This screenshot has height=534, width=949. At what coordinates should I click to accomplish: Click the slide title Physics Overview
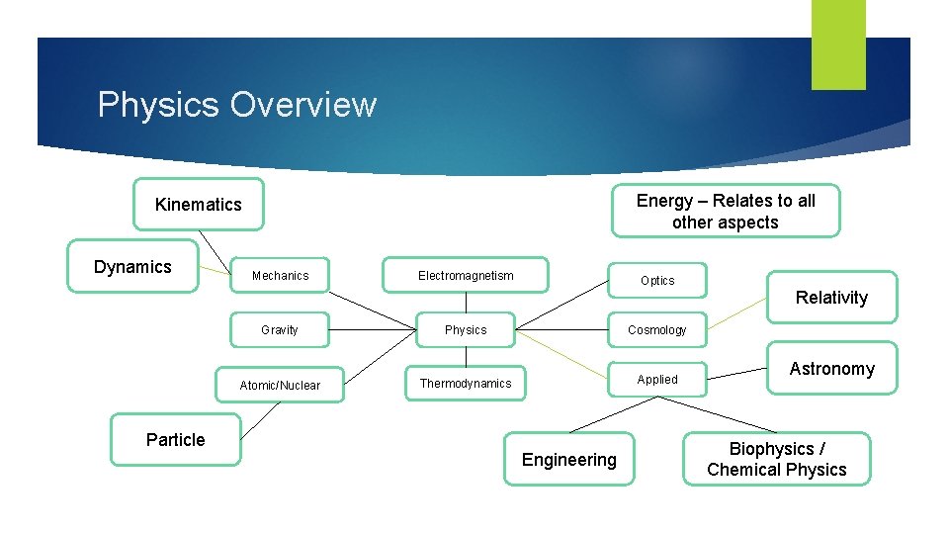(237, 105)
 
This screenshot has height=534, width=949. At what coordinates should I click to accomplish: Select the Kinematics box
(199, 204)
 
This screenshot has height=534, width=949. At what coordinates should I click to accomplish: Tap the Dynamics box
(132, 266)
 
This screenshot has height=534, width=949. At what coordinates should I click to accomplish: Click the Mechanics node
(280, 276)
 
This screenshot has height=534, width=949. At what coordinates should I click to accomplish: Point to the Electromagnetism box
(466, 276)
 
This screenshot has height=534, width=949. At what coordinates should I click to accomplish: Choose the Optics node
(657, 281)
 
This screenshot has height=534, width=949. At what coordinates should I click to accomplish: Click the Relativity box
(831, 298)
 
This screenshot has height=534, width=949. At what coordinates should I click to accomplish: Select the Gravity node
(280, 330)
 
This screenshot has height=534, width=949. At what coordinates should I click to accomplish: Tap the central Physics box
(466, 330)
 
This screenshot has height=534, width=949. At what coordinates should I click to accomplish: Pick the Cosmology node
(657, 330)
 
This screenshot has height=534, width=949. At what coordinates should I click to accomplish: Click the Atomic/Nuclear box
(280, 385)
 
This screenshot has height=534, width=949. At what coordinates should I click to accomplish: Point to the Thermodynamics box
(466, 384)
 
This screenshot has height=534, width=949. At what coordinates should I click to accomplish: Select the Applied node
(657, 380)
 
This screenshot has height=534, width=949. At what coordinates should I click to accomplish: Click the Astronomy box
(831, 369)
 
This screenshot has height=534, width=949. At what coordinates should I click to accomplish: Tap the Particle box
(176, 440)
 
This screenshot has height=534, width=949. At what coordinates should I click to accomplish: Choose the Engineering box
(568, 460)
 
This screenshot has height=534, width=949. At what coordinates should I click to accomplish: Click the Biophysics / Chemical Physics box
(776, 459)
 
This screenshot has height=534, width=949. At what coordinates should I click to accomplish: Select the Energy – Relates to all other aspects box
(726, 212)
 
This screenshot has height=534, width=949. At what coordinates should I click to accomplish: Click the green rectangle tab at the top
(838, 44)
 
